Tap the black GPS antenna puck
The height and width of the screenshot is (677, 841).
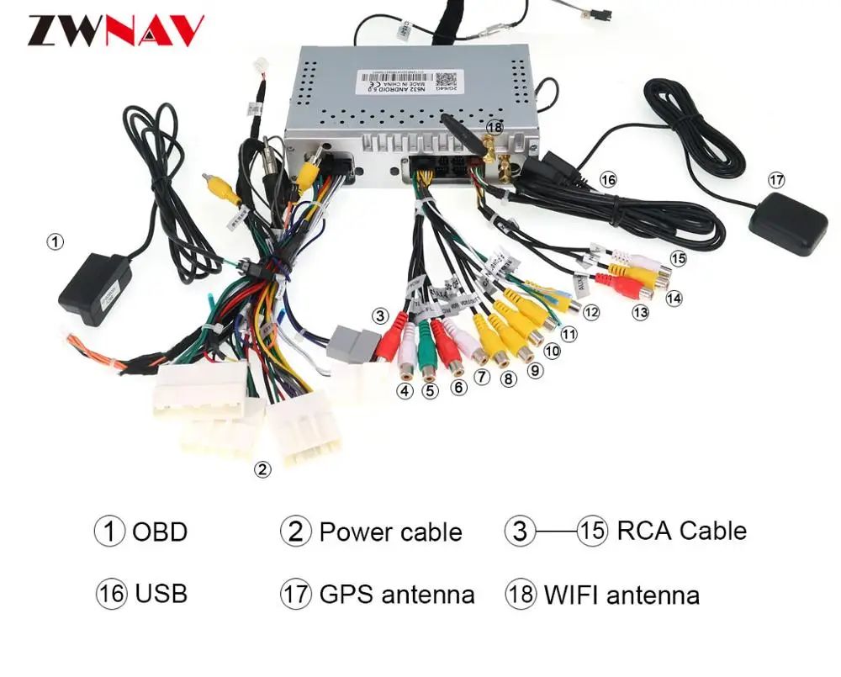point(787,221)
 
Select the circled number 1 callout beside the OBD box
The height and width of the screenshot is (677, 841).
point(55,242)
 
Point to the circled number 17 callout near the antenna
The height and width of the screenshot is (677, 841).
point(776,180)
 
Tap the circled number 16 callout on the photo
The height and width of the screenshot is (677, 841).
point(607,179)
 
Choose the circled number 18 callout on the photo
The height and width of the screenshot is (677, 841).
point(494,126)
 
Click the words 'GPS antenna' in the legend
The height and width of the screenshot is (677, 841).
point(396,595)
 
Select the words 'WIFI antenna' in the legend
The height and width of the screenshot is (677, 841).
point(621,595)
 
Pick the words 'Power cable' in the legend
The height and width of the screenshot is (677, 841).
point(390,532)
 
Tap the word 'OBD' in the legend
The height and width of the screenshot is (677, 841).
point(160,532)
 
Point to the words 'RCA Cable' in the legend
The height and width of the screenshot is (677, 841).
point(681,531)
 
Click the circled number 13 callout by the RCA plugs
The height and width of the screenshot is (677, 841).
point(642,312)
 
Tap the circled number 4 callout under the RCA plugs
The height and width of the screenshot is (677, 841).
point(405,391)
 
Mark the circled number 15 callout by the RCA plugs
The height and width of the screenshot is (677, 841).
point(678,258)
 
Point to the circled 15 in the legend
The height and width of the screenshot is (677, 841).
point(592,531)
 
